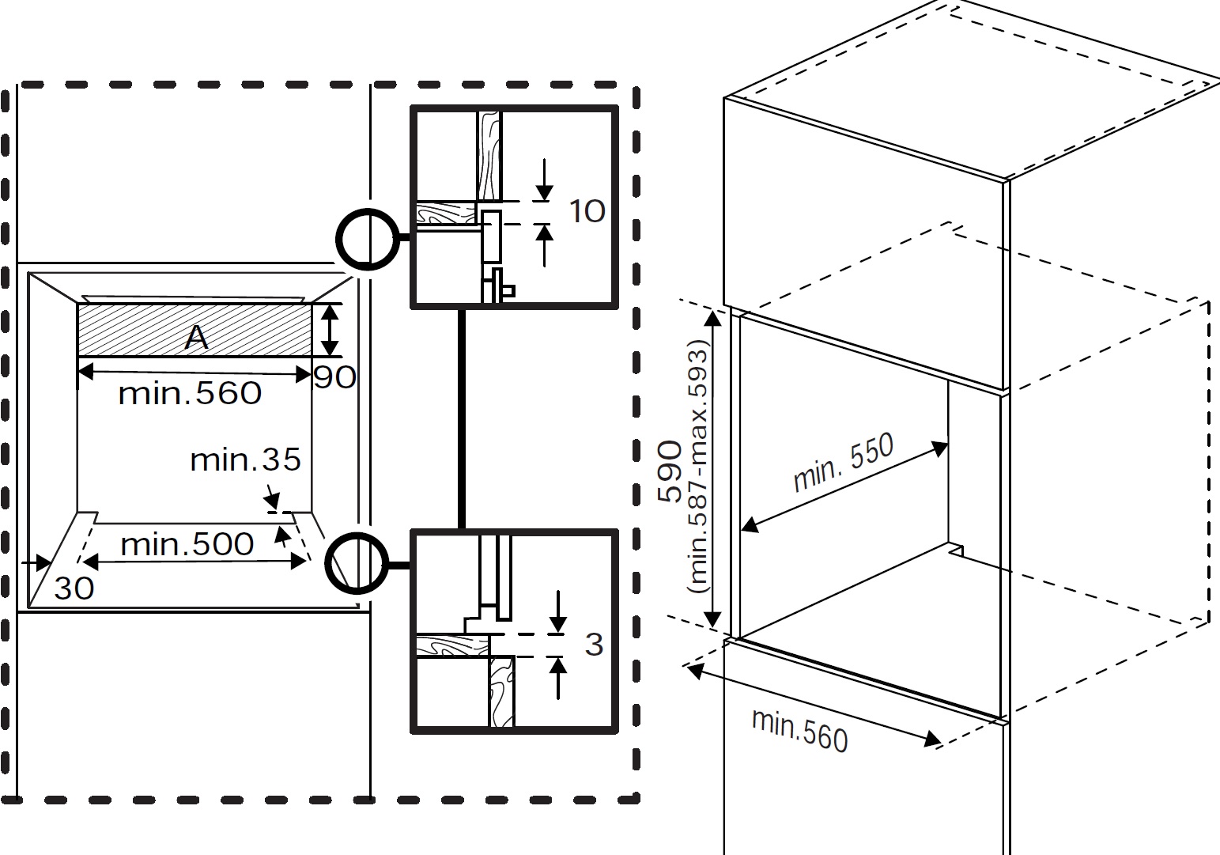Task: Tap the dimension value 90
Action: (x=334, y=377)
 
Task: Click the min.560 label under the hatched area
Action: (x=190, y=393)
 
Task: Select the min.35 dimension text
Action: (x=245, y=460)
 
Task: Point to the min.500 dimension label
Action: (x=187, y=544)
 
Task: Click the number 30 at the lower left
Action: (x=74, y=588)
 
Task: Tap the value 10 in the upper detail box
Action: (x=587, y=211)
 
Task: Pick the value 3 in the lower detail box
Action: (x=594, y=645)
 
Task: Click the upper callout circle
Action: (x=365, y=237)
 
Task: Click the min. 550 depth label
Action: (x=843, y=462)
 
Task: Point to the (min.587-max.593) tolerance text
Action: (x=701, y=467)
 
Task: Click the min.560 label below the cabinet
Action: (x=799, y=729)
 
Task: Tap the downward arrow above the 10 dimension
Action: (x=545, y=181)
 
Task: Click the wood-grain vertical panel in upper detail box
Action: (x=489, y=154)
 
